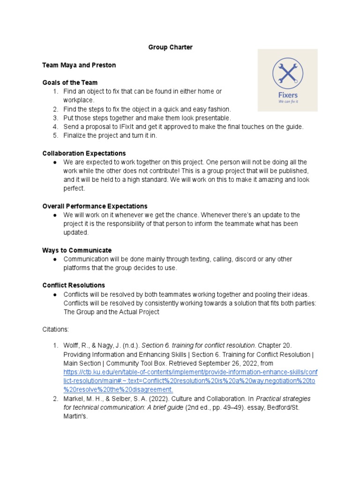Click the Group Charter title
170,47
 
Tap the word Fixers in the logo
288,95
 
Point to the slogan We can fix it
288,101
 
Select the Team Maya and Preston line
79,65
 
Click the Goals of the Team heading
70,82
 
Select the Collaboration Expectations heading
84,153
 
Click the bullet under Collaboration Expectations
55,162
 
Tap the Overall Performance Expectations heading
95,206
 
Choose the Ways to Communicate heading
77,250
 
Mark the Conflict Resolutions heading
74,285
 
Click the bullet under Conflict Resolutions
55,294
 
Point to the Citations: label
56,330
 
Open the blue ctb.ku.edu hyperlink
190,381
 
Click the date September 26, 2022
223,363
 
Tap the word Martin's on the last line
76,416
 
